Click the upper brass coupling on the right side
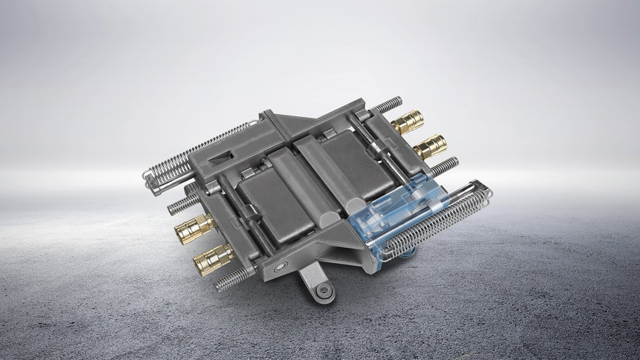408,121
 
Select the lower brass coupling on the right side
430,146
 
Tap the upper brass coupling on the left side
193,230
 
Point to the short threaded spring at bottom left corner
235,278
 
